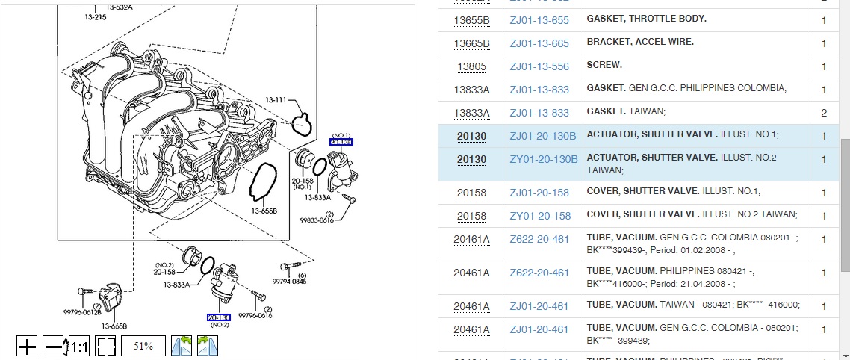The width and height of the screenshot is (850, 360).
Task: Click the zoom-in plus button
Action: [27, 347]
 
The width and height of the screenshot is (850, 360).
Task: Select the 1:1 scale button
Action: [79, 347]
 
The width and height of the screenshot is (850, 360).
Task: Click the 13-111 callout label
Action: [276, 100]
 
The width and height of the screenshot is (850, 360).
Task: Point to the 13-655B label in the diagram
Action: [264, 211]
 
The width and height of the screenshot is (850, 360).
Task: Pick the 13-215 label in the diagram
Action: [95, 16]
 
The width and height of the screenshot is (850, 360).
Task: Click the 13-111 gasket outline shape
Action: [303, 123]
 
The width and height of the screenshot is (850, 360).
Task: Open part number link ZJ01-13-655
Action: [539, 20]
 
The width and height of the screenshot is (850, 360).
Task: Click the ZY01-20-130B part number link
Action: [543, 159]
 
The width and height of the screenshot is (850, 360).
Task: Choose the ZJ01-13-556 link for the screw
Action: [539, 66]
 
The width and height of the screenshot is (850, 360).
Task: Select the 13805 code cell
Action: [471, 66]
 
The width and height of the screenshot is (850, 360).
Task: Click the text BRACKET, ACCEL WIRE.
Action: [640, 42]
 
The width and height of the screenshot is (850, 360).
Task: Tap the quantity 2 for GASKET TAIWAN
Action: [824, 113]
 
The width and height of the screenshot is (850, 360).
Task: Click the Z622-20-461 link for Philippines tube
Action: [539, 273]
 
